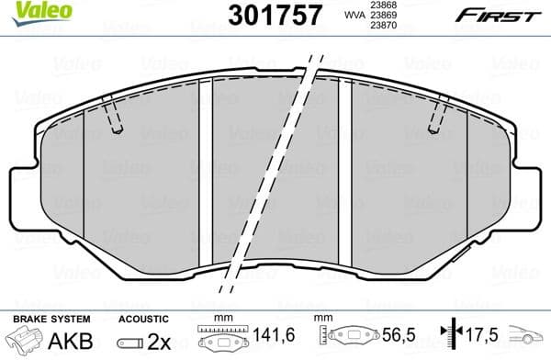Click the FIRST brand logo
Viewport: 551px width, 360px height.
point(488,15)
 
